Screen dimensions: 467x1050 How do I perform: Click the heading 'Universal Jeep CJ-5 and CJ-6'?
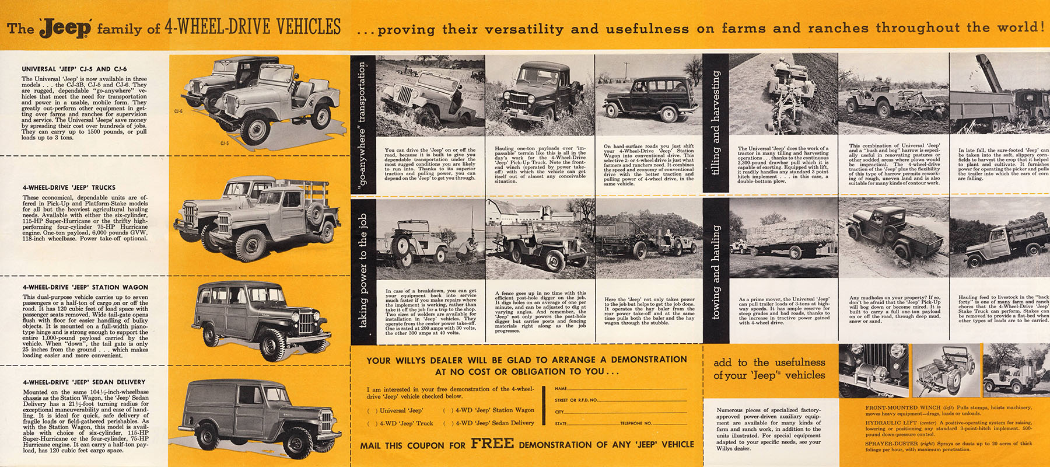pyautogui.click(x=74, y=69)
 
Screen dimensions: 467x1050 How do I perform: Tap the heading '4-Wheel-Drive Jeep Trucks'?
pyautogui.click(x=69, y=187)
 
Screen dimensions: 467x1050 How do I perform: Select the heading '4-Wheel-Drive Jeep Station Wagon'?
pyautogui.click(x=85, y=287)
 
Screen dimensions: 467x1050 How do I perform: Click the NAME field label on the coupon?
pyautogui.click(x=561, y=388)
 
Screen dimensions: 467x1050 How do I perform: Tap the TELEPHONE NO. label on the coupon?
pyautogui.click(x=636, y=423)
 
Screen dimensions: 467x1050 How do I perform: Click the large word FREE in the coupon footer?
pyautogui.click(x=492, y=443)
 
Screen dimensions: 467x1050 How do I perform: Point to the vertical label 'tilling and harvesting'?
pyautogui.click(x=716, y=123)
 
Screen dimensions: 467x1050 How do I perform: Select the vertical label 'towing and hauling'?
pyautogui.click(x=716, y=271)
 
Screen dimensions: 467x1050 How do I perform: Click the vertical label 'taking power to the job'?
pyautogui.click(x=363, y=270)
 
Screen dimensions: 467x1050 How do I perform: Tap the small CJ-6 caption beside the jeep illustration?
pyautogui.click(x=178, y=111)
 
